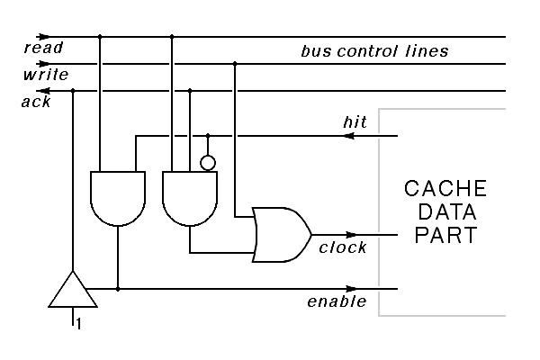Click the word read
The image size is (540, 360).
(x=42, y=47)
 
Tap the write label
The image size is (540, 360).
(x=45, y=74)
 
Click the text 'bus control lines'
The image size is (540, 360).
(x=373, y=51)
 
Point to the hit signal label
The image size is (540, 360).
(x=354, y=121)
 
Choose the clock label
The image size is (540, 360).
(x=343, y=247)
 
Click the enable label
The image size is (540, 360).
(x=337, y=301)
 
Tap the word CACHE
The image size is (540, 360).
(x=445, y=190)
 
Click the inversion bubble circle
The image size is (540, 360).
(x=207, y=163)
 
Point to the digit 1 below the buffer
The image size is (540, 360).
(x=78, y=324)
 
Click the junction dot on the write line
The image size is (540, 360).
(x=235, y=64)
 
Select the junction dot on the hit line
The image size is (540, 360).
(x=208, y=137)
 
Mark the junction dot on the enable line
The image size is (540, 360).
(x=118, y=289)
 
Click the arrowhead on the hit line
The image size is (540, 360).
(x=349, y=137)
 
